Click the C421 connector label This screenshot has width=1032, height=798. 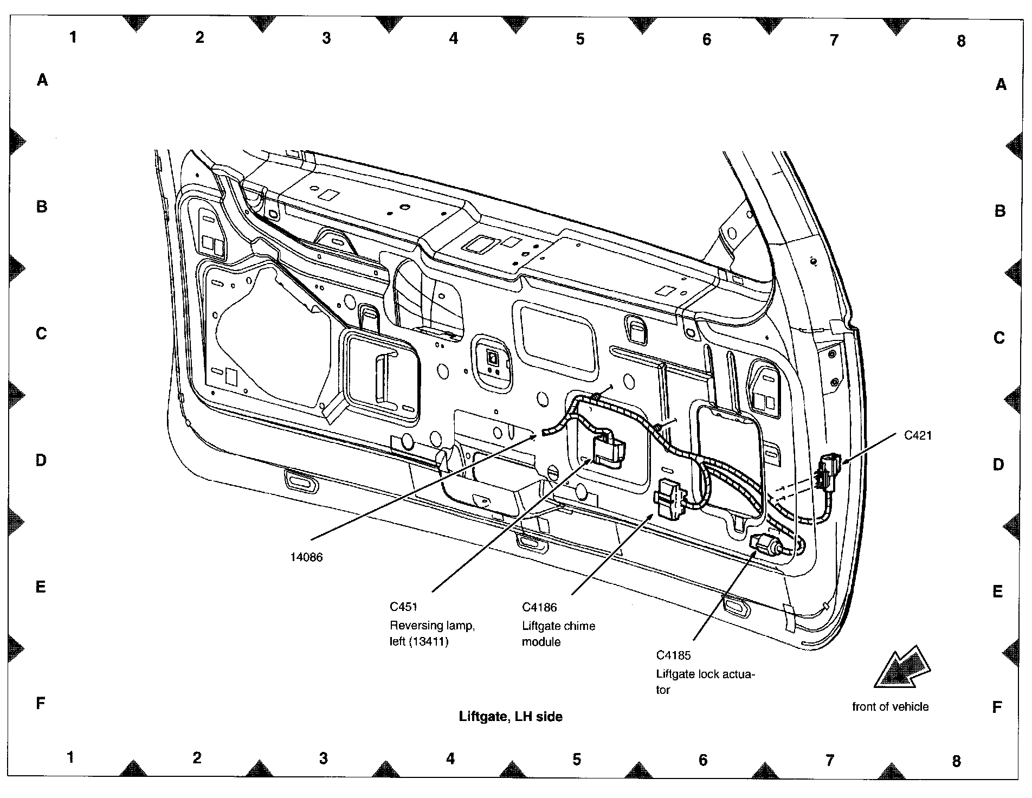click(918, 435)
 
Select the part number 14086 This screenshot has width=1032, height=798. click(306, 557)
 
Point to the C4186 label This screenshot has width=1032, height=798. click(539, 608)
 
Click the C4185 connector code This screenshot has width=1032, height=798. click(674, 655)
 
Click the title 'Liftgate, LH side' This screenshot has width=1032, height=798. click(511, 717)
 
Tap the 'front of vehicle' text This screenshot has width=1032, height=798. click(890, 707)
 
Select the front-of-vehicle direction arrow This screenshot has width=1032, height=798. click(902, 668)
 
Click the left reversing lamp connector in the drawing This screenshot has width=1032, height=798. click(608, 450)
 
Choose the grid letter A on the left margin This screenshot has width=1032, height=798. click(42, 80)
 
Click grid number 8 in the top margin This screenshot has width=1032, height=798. click(961, 41)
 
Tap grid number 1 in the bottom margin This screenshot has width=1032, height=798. click(70, 757)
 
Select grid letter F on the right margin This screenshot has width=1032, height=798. click(997, 707)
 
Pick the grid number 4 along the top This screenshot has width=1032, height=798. click(454, 38)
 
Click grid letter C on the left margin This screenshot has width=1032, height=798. click(41, 333)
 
